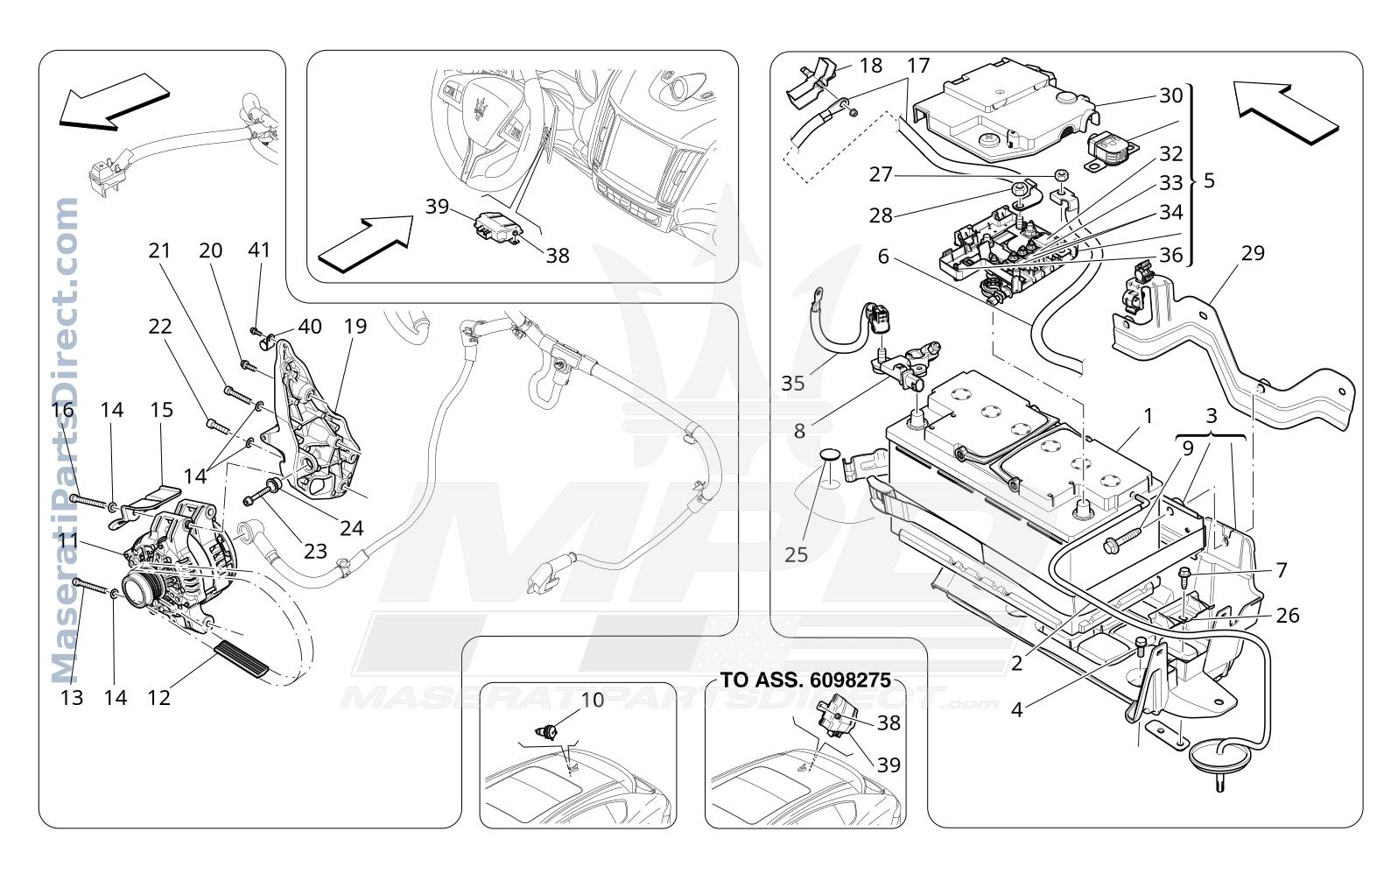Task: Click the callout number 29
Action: point(1253,253)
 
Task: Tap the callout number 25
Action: point(796,554)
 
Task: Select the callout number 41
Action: point(259,250)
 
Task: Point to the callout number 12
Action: point(158,697)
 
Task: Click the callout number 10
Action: point(593,700)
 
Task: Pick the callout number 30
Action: point(1171,95)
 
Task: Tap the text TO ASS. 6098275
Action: point(805,680)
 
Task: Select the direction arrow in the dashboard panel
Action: point(366,243)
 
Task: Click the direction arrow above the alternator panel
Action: point(114,102)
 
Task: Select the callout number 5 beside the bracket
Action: point(1209,181)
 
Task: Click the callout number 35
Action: point(792,384)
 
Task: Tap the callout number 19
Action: point(355,326)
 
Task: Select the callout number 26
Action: point(1287,616)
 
